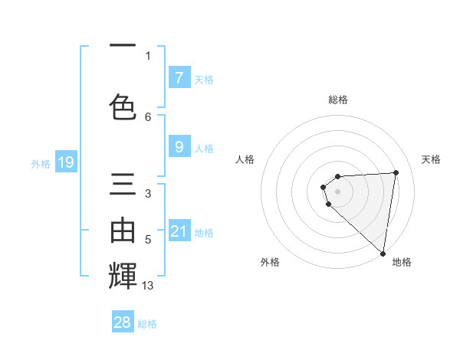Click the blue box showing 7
pyautogui.click(x=179, y=78)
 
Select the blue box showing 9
pyautogui.click(x=179, y=147)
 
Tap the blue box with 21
pyautogui.click(x=179, y=231)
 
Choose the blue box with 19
pyautogui.click(x=66, y=162)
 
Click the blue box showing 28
pyautogui.click(x=123, y=322)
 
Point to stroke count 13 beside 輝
pyautogui.click(x=148, y=286)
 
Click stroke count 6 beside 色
pyautogui.click(x=148, y=116)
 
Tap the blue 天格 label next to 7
pyautogui.click(x=203, y=80)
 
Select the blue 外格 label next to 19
pyautogui.click(x=40, y=163)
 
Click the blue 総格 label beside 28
pyautogui.click(x=147, y=324)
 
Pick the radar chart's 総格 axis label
pyautogui.click(x=337, y=100)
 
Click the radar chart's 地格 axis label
pyautogui.click(x=402, y=262)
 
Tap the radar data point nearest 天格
pyautogui.click(x=396, y=172)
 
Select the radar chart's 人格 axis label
pyautogui.click(x=245, y=159)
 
